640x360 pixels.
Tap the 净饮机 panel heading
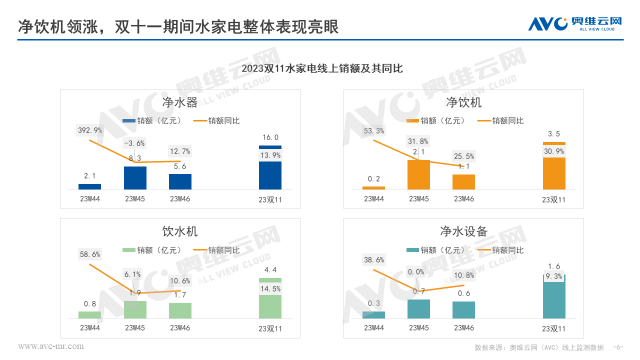click(463, 102)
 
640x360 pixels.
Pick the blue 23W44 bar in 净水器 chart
click(90, 186)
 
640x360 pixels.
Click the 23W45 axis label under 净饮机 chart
click(418, 198)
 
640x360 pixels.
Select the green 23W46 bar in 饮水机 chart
click(180, 310)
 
